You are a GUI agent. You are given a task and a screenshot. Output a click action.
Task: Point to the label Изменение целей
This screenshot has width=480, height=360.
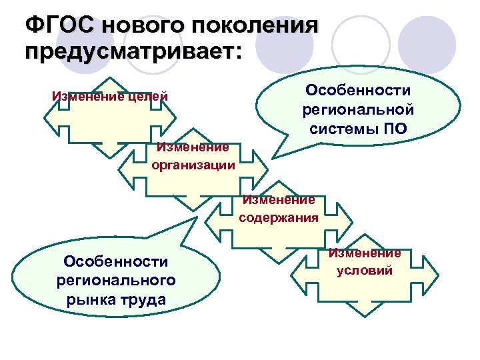[109, 97]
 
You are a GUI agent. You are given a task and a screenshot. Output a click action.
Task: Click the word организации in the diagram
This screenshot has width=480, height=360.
[193, 165]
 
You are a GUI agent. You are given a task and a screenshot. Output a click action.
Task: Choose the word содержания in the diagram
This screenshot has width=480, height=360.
[278, 217]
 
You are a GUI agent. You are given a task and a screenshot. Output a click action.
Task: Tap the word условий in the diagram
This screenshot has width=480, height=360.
[365, 271]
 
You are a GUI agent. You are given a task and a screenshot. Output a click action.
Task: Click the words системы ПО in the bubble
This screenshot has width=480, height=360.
[358, 128]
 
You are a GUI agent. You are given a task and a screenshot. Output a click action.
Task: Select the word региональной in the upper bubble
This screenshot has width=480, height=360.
[358, 109]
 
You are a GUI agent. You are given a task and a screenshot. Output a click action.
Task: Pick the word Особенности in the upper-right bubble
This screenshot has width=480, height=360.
[358, 90]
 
